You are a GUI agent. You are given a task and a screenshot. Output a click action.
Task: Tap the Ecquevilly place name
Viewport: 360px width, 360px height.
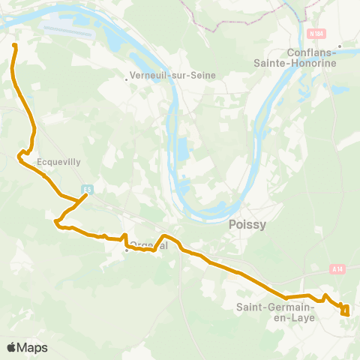[x=58, y=160]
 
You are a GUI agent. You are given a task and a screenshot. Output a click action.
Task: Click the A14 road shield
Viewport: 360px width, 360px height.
[x=336, y=268]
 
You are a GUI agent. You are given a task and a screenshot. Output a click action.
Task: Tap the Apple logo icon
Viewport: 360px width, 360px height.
[x=12, y=348]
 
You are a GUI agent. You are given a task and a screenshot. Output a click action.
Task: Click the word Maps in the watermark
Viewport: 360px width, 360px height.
[x=32, y=348]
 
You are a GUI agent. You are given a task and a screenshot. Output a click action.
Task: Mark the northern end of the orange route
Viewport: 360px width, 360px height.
[x=14, y=46]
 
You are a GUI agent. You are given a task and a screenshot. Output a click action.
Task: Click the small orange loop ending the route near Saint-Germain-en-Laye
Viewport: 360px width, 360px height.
[x=345, y=310]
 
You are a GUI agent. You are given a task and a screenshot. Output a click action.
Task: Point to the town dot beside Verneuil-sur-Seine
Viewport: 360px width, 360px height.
[x=127, y=76]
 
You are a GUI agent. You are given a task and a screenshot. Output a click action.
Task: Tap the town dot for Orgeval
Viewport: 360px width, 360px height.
[x=127, y=250]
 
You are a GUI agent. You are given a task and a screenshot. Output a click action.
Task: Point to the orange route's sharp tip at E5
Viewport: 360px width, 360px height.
[x=87, y=196]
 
